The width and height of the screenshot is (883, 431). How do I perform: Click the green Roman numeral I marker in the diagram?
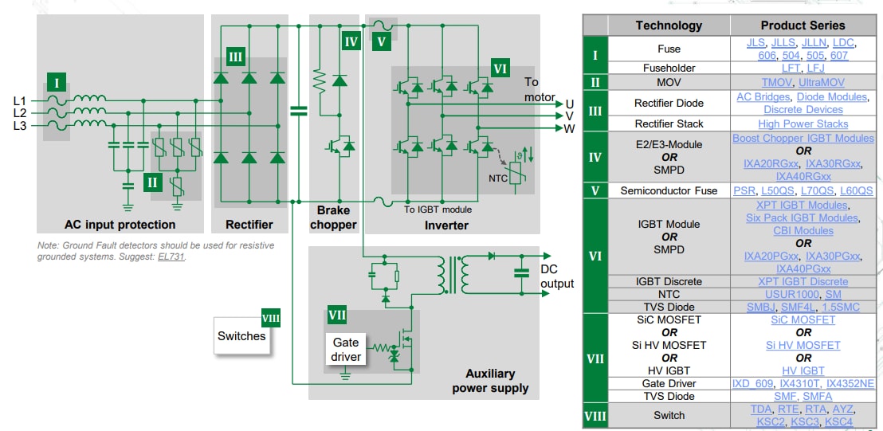pyautogui.click(x=56, y=81)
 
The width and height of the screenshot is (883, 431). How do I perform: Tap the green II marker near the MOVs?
pyautogui.click(x=153, y=182)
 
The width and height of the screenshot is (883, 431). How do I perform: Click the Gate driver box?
pyautogui.click(x=346, y=349)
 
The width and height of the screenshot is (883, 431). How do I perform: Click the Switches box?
pyautogui.click(x=241, y=336)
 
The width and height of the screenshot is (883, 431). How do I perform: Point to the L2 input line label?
pyautogui.click(x=20, y=114)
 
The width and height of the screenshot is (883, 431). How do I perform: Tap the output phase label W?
pyautogui.click(x=569, y=128)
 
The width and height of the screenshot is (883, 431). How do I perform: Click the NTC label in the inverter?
pyautogui.click(x=499, y=178)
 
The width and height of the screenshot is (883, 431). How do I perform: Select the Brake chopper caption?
pyautogui.click(x=333, y=217)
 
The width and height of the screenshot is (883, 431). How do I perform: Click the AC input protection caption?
pyautogui.click(x=120, y=225)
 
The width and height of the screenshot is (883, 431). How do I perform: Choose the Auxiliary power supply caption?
pyautogui.click(x=490, y=381)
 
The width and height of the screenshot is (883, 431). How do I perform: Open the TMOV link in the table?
pyautogui.click(x=775, y=82)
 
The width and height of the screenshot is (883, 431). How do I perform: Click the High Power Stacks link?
pyautogui.click(x=803, y=123)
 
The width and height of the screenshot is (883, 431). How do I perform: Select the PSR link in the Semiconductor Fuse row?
pyautogui.click(x=745, y=190)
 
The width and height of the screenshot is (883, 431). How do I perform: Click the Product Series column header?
pyautogui.click(x=803, y=25)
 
